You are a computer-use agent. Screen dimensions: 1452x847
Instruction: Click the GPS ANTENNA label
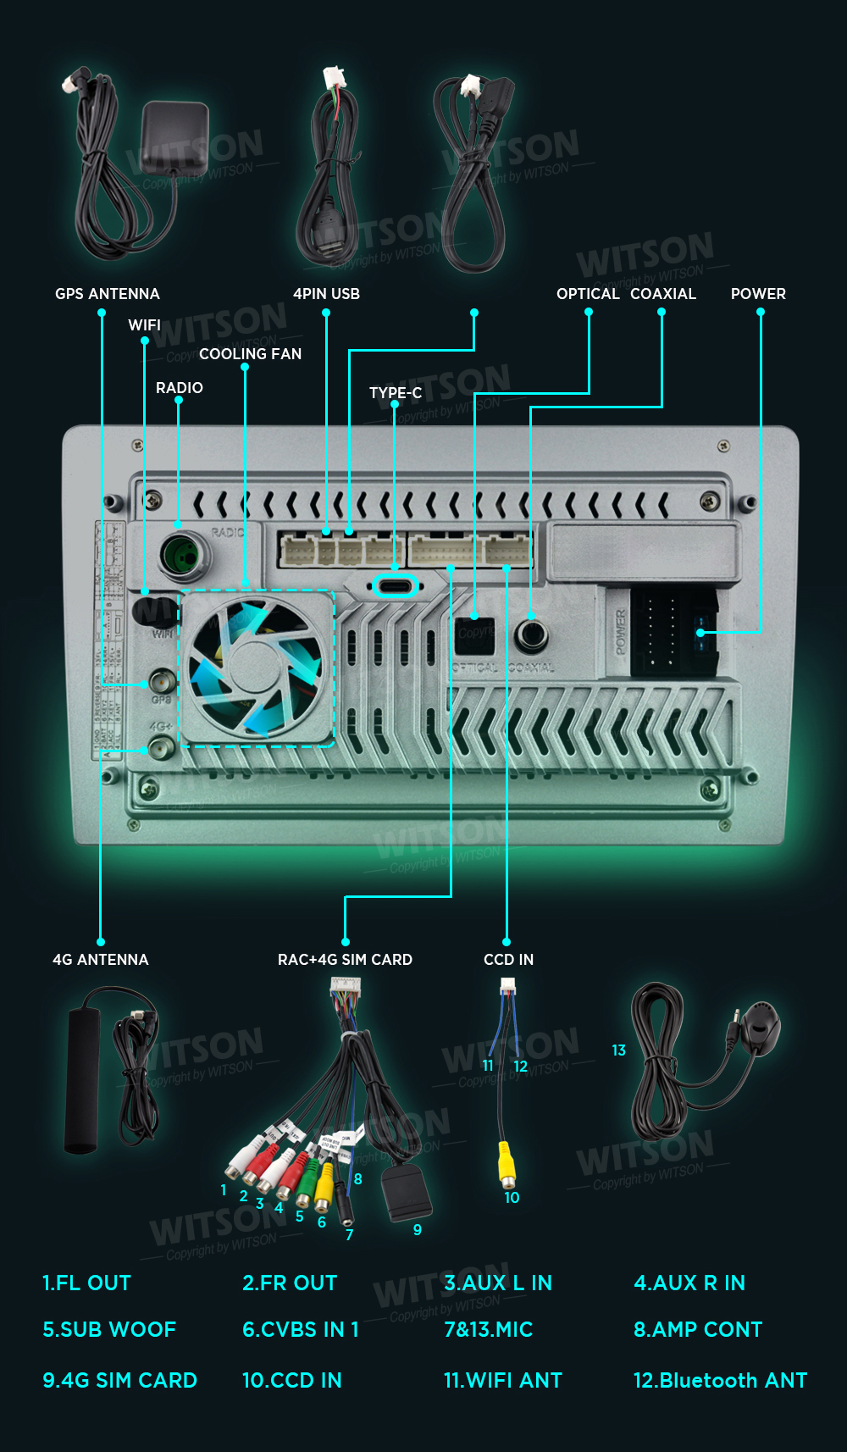pos(107,294)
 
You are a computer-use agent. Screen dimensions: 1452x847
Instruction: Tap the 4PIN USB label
pos(326,294)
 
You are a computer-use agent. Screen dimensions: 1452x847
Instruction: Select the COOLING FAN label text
pos(250,354)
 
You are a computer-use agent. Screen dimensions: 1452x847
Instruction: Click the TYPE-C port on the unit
pos(395,585)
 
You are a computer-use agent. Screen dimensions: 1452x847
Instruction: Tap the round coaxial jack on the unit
pos(532,633)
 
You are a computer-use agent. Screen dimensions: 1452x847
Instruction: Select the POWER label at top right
pos(758,294)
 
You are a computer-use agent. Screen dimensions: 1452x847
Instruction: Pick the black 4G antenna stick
pos(83,1074)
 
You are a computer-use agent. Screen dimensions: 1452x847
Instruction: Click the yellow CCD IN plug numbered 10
pos(507,1164)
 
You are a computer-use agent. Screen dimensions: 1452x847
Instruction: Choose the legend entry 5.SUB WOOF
pos(109,1329)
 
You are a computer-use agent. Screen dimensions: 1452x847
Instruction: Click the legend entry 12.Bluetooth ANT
pos(720,1380)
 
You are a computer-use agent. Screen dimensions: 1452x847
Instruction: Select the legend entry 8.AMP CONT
pos(698,1329)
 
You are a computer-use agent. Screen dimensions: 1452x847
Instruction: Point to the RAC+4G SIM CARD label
pos(345,960)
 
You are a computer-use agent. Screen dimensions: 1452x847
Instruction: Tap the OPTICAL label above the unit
pos(588,294)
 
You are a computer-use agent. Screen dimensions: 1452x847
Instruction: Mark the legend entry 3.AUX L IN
pos(498,1283)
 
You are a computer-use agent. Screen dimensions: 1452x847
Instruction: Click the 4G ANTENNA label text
pos(100,960)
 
